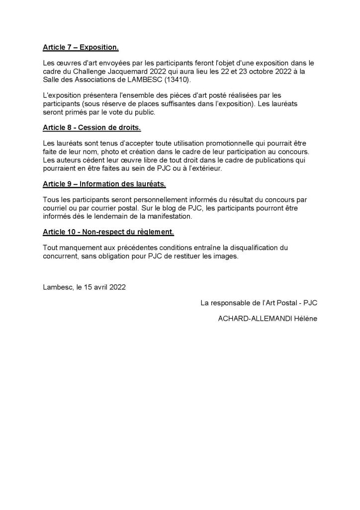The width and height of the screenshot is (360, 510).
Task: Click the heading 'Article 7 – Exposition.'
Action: (81, 48)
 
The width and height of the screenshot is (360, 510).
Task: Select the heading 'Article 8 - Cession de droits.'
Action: (91, 128)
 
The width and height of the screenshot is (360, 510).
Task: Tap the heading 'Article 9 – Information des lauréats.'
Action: (104, 184)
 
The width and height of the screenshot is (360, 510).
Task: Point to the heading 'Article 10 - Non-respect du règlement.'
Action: (108, 232)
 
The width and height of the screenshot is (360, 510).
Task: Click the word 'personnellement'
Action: (152, 199)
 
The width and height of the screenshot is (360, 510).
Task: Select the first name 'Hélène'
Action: (305, 319)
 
